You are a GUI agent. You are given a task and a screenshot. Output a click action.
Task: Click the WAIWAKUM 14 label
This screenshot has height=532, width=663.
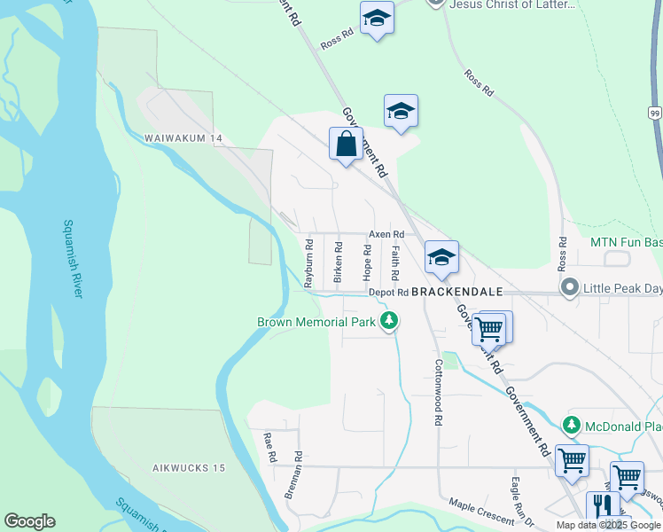tap(184, 139)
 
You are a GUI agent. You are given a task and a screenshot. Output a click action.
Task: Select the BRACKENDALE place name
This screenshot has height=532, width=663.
tap(457, 292)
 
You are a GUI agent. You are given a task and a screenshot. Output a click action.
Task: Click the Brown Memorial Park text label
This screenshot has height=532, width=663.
tap(316, 322)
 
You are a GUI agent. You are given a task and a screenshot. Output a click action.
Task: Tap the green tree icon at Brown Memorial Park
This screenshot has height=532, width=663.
tap(388, 321)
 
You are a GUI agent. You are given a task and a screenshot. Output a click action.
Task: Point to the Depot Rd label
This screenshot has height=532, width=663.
tap(388, 292)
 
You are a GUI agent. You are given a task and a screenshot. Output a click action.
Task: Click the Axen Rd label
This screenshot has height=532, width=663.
tap(386, 234)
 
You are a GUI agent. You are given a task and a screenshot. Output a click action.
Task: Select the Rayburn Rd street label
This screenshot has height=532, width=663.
tap(309, 263)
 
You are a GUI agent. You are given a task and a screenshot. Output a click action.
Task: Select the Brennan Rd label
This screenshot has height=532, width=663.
tap(293, 476)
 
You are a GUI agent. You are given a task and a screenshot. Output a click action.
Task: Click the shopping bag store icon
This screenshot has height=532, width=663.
tap(346, 145)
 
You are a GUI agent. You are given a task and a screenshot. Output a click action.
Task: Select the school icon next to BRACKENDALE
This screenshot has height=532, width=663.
tap(441, 257)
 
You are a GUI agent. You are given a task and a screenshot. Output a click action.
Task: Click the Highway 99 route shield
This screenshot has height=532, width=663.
tap(654, 113)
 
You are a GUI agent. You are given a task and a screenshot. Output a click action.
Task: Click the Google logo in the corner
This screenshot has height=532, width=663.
tap(29, 521)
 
